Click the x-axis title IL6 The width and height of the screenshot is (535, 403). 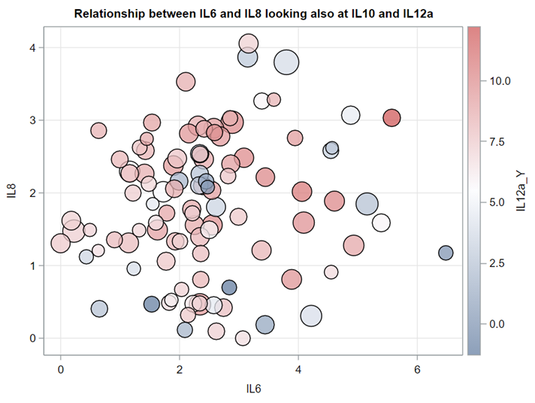point(253,389)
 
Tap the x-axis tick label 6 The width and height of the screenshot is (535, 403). point(417,369)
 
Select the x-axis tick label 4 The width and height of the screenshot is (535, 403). point(298,369)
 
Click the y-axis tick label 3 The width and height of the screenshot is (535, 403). point(32,120)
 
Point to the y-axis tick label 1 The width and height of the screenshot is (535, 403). point(32,265)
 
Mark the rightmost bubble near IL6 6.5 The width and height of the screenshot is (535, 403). point(446,253)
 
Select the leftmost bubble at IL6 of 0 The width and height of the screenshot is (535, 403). point(60,243)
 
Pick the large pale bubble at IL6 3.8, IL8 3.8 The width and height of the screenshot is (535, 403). point(286,63)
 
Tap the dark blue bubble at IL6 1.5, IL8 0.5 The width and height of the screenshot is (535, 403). point(152,304)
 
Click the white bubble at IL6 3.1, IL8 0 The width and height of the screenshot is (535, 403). point(243,338)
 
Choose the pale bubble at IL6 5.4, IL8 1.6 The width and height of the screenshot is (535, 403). point(381,223)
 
